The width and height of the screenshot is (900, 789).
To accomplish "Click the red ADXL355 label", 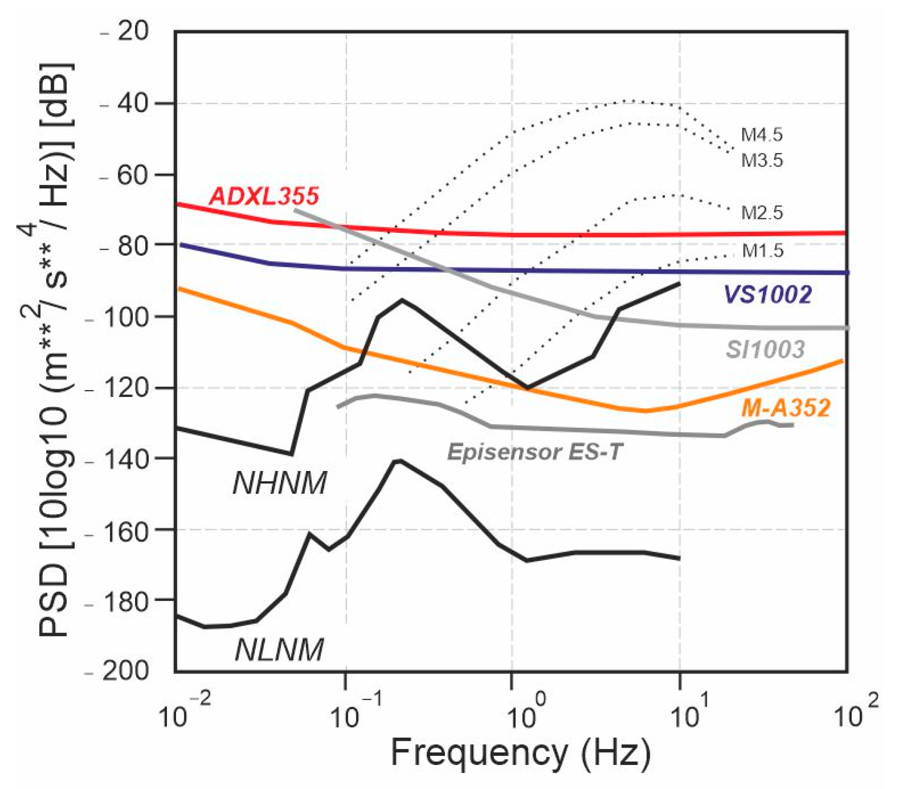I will [264, 196].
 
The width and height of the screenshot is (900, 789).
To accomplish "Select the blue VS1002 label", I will [767, 294].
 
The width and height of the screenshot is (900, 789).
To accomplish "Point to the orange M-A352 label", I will [786, 408].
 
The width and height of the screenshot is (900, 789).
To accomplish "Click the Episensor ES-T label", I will [534, 452].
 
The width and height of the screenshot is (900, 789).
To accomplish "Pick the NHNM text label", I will [279, 483].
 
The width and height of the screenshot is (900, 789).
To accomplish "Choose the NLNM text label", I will [279, 650].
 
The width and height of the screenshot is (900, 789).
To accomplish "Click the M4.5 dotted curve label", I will [761, 135].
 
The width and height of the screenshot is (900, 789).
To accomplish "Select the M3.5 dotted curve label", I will [761, 160].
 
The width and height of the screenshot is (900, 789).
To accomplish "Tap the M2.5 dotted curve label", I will [761, 213].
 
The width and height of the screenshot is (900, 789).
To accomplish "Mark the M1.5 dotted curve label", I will [762, 251].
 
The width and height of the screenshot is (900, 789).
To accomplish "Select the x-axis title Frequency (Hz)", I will [520, 753].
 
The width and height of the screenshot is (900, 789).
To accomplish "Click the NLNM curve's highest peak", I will [398, 460].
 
